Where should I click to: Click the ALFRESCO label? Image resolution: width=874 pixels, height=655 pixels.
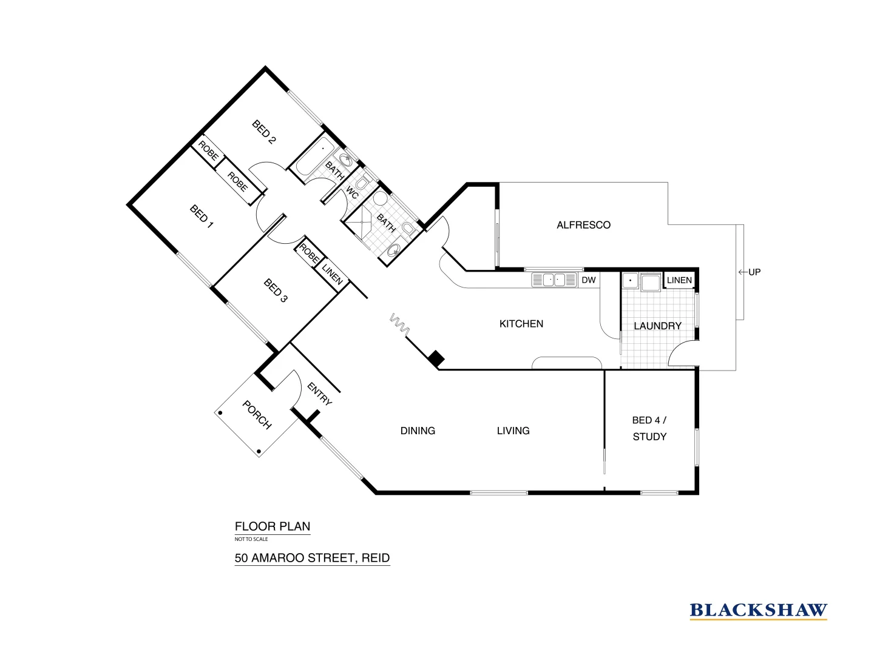583,225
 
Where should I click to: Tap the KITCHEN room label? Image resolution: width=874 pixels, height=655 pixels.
521,324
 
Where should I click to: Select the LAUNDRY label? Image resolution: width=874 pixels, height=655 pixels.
657,326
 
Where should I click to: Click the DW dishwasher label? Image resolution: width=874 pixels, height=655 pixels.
588,280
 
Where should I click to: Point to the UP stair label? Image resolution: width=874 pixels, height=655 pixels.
754,272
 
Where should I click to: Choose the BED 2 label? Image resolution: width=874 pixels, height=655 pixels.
264,132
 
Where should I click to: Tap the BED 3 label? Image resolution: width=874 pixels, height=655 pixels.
276,291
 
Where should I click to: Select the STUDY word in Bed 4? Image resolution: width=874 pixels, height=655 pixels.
649,437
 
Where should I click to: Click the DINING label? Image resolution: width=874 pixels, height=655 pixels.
418,431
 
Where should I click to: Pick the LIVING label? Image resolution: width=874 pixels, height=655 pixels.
513,431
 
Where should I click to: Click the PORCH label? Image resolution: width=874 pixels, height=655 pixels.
257,415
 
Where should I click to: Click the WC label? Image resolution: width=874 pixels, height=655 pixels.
352,192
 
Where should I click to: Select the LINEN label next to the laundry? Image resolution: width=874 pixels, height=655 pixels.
679,280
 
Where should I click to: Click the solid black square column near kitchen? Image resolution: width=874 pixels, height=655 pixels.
436,358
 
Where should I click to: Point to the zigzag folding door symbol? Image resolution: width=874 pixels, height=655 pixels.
399,325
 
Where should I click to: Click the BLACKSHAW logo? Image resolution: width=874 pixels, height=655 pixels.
758,610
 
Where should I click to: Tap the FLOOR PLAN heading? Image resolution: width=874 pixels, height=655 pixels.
273,526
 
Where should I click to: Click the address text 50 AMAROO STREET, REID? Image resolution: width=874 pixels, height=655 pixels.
312,558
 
